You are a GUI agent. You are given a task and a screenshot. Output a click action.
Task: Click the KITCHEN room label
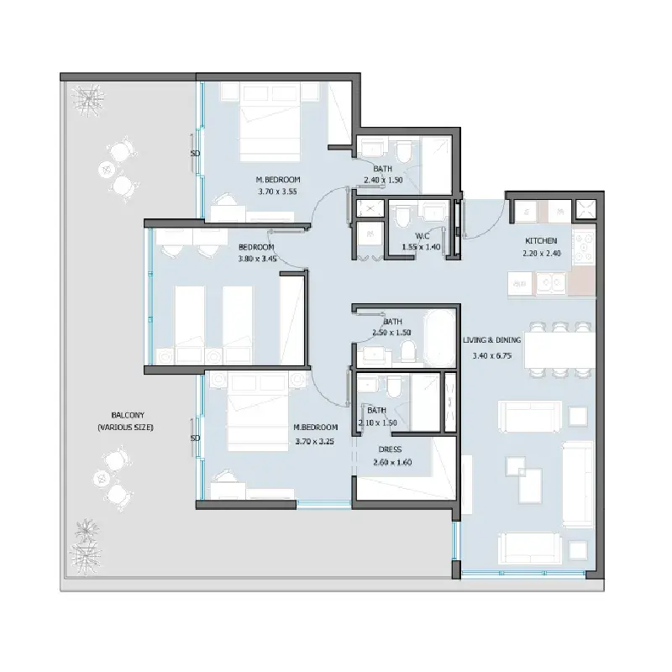coord(541,241)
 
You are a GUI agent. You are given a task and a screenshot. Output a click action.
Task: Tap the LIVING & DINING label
coord(491,340)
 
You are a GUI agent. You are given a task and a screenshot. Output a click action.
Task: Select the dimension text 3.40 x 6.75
coord(491,355)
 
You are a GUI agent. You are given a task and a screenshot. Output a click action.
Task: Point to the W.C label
coord(423,236)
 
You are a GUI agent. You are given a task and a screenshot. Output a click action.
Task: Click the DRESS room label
coord(390,449)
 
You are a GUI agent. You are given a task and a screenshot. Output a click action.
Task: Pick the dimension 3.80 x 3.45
coord(257,259)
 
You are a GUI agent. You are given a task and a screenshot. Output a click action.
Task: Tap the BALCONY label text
coord(128,415)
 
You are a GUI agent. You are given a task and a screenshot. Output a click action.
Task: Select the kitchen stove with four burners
coord(584,246)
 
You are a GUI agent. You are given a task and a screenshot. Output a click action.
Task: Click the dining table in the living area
coord(559,349)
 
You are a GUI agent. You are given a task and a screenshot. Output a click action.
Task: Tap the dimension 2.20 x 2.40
coord(542,254)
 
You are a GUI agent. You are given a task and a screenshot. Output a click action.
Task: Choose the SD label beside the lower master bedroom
coord(195,438)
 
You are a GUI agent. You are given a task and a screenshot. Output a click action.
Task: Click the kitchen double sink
coord(551,283)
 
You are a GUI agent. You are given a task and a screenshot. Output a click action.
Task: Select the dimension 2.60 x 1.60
coord(392,463)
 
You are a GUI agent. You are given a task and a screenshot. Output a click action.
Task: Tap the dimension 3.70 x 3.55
coord(277,192)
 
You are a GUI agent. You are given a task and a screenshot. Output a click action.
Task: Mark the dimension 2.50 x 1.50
coord(391,333)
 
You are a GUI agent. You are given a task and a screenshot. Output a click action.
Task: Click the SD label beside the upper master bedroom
coord(195,154)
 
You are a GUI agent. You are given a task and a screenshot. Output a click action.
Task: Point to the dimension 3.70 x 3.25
coord(314,442)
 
